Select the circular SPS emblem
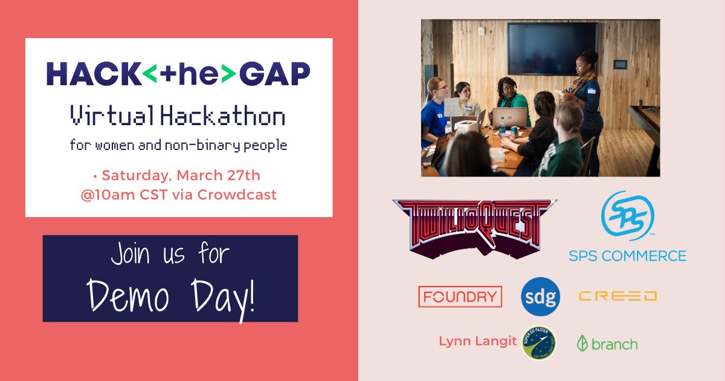tap(627, 216)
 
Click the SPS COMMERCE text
tap(627, 255)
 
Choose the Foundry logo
tap(460, 296)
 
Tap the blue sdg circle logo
tap(540, 296)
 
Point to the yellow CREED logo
tap(617, 296)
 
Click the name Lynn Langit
tap(477, 342)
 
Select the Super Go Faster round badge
tap(539, 343)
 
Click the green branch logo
tap(607, 344)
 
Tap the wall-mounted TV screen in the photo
tap(552, 48)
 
